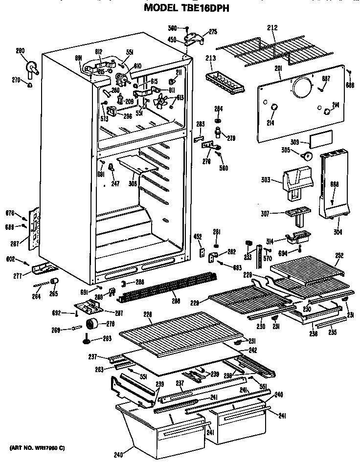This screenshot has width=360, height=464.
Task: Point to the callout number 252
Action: click(x=339, y=255)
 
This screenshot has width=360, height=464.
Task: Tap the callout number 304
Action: click(x=337, y=231)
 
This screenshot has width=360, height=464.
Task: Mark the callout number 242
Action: click(x=253, y=350)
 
